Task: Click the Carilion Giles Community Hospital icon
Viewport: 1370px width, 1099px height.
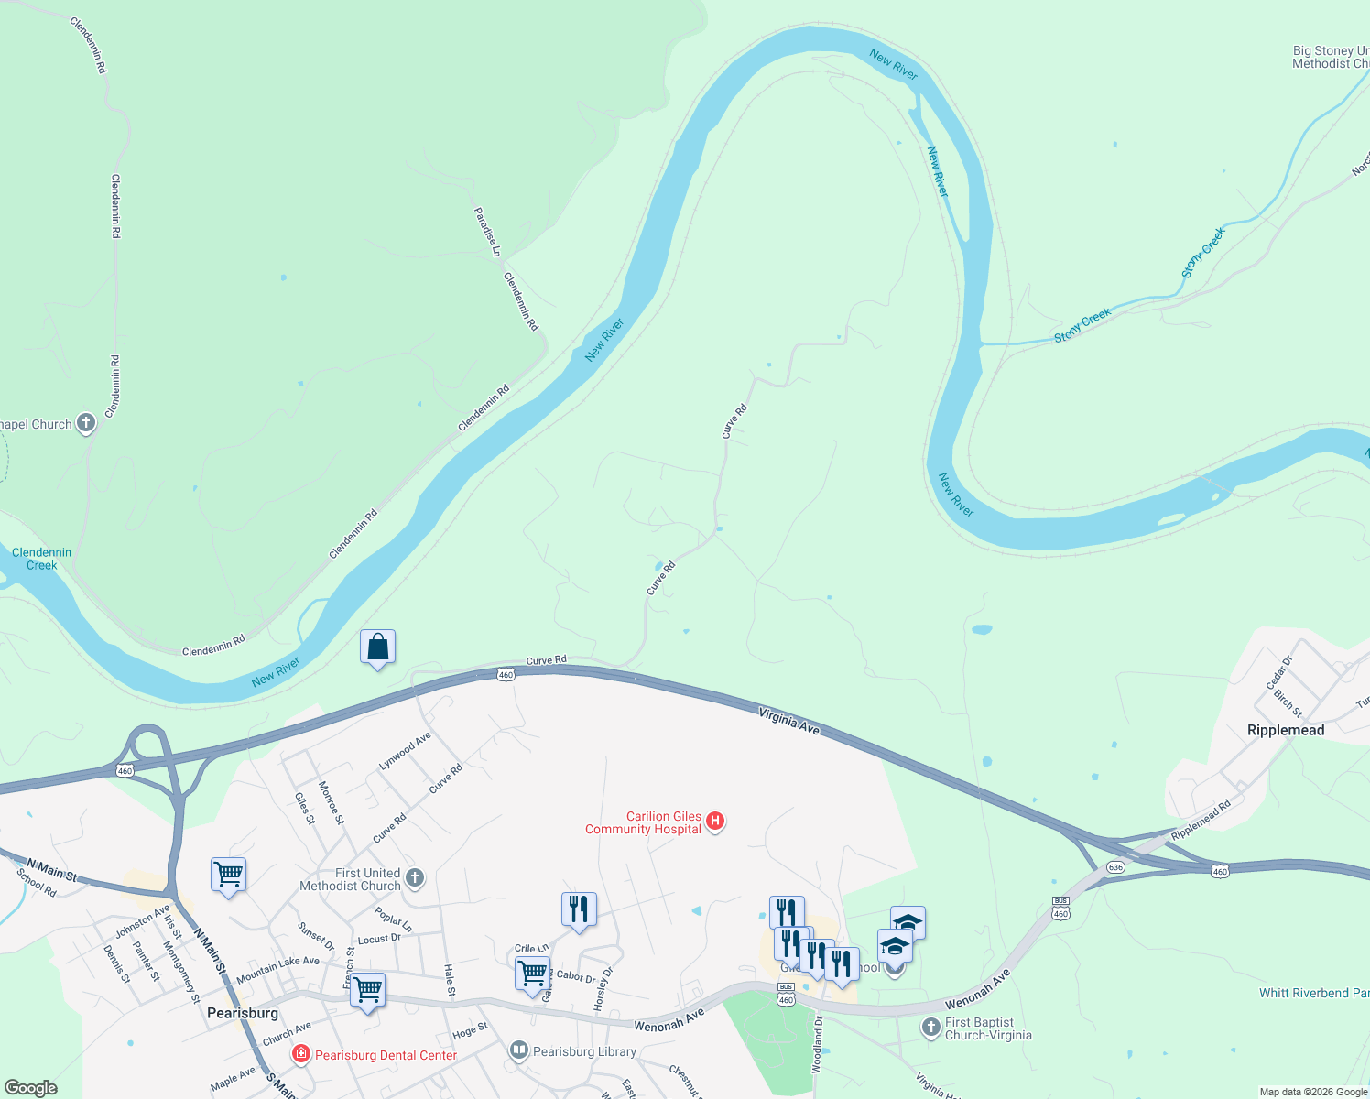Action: pos(716,822)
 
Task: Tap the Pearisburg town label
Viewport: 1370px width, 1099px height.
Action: pos(243,1013)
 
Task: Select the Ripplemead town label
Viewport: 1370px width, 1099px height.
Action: pos(1285,730)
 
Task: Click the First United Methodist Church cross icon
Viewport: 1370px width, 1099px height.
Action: pos(415,879)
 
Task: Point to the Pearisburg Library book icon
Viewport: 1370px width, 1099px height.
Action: pos(519,1050)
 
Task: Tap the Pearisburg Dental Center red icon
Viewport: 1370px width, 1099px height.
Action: pos(300,1055)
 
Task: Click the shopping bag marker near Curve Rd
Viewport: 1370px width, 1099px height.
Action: pos(377,647)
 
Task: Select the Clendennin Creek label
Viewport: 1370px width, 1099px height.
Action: pos(41,559)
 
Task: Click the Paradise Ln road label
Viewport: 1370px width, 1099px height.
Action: pos(487,232)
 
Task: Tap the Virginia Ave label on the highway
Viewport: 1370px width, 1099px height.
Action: pos(788,721)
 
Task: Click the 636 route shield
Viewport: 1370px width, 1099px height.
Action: pos(1114,866)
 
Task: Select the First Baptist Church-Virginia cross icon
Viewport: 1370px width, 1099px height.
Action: pos(931,1028)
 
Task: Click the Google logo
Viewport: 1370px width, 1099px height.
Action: pos(30,1088)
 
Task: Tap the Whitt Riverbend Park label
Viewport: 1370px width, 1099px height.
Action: pos(1314,993)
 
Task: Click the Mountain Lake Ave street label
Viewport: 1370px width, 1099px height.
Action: pos(277,969)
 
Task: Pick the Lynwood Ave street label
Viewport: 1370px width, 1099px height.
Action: pos(405,751)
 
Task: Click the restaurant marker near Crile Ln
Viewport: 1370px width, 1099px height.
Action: pos(578,909)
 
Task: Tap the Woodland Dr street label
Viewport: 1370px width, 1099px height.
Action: pos(818,1044)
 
